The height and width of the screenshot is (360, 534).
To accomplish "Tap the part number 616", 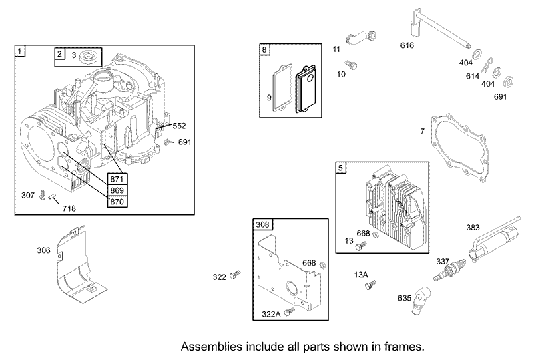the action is coord(407,45).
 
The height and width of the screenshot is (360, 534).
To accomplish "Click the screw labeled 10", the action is coord(351,65).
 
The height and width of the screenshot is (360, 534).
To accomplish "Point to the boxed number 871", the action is coord(117,179).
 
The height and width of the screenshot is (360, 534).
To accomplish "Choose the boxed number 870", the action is coord(117,202).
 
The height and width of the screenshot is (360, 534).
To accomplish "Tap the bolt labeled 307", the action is coord(43,194).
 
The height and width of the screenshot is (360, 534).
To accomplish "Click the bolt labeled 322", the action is coord(235,275).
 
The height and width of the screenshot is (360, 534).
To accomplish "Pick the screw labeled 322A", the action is coord(290,311).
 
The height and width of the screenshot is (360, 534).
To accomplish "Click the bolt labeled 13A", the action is coord(370,285).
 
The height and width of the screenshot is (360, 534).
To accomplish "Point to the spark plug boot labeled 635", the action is coord(420,301).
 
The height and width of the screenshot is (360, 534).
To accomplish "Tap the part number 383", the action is coord(473,227).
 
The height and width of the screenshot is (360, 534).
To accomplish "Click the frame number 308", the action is coord(262,224).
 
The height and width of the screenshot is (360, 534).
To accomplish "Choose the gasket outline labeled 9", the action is coord(282,87).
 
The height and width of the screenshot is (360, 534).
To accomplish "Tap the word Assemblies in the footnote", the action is coord(211,347).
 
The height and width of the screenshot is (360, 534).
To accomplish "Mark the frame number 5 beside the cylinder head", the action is coord(340,168).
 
